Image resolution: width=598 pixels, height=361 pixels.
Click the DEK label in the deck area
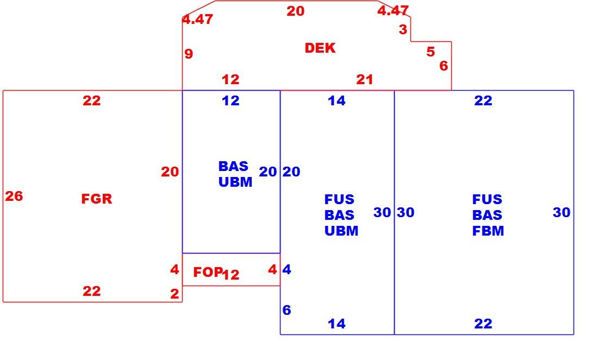point(320,48)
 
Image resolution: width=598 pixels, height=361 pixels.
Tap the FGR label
point(96,199)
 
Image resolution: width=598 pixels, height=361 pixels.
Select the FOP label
point(208,272)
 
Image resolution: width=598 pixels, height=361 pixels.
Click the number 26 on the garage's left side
point(14,196)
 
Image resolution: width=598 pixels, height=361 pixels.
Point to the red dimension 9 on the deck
point(189,54)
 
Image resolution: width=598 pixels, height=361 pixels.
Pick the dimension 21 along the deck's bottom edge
point(365,79)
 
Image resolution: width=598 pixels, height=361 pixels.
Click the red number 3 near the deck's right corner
point(403,29)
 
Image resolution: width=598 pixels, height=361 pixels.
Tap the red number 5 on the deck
point(431,52)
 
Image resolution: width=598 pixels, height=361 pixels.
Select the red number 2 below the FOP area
point(175,294)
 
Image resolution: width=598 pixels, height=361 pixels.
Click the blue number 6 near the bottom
point(287,310)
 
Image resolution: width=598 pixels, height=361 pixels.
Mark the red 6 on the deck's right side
point(444,66)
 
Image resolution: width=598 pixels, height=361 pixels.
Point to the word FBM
point(488,231)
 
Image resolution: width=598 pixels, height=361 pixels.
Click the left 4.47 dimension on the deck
point(197,19)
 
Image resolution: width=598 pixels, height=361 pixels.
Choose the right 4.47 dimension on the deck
point(393,10)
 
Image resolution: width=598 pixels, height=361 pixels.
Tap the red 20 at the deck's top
point(296,11)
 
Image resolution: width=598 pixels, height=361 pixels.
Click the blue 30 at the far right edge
point(562,212)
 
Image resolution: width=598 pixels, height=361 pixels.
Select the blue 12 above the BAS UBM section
point(231,100)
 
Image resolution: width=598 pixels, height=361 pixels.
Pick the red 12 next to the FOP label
point(231,275)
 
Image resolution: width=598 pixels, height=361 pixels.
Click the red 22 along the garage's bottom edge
point(92,291)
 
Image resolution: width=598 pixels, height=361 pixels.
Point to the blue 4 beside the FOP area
point(287,269)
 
